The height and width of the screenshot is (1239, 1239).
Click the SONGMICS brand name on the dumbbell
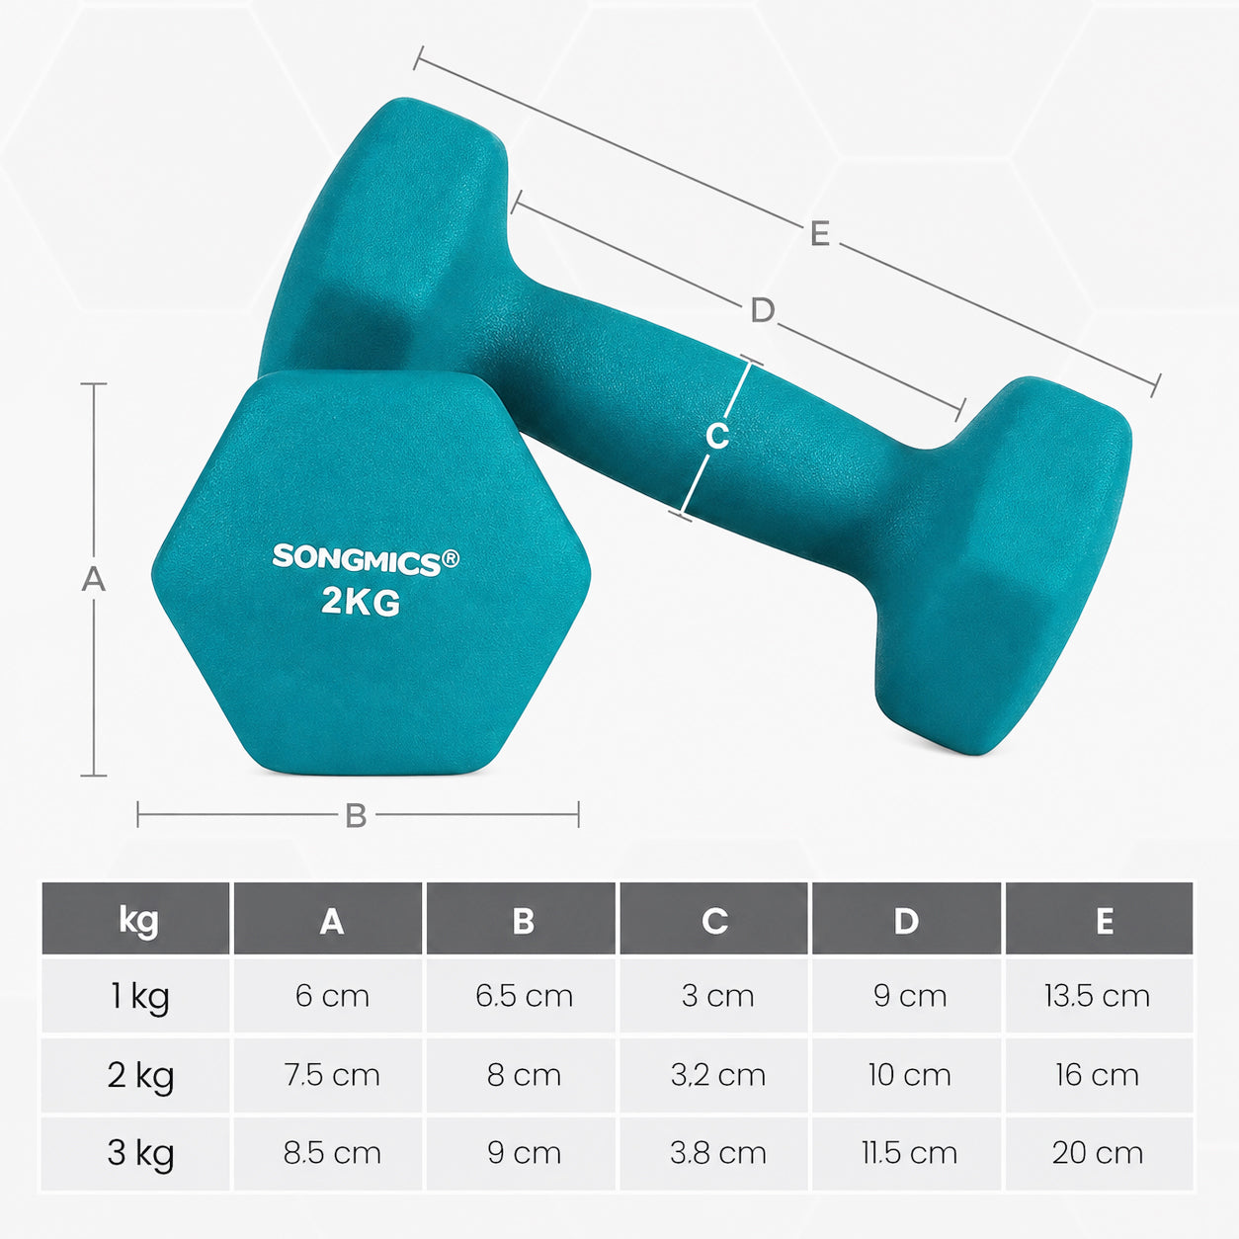point(358,559)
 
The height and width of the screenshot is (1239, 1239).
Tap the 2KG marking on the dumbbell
point(361,603)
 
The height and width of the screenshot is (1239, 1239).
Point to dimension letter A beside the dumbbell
point(94,579)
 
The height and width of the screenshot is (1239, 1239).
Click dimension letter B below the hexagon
point(356,815)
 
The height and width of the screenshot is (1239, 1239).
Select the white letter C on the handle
point(717,436)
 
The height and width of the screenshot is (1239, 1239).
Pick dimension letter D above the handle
point(763,311)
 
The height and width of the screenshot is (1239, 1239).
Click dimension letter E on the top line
point(820,233)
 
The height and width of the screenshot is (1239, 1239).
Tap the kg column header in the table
point(138,922)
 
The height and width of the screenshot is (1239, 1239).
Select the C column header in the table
point(714,921)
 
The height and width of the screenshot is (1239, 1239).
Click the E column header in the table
point(1105,921)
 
